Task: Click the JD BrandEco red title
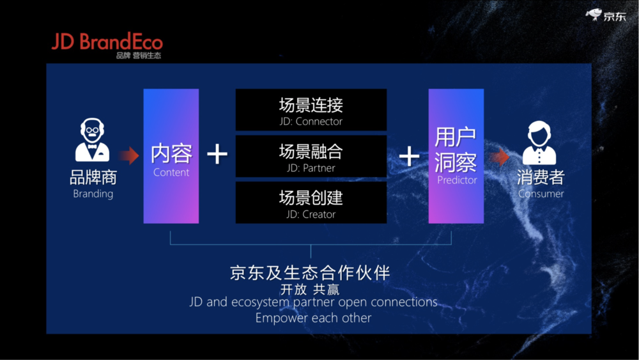(107, 42)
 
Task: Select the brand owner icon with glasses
(92, 140)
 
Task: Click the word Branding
(93, 194)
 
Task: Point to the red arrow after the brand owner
(129, 155)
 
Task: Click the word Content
(171, 173)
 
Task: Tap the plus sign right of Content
(217, 154)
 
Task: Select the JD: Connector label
(311, 121)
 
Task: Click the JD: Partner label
(311, 168)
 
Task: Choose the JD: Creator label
(311, 214)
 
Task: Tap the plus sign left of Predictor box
(409, 157)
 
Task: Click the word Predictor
(457, 180)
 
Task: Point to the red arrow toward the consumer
(500, 157)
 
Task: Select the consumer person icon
(539, 143)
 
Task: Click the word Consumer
(541, 194)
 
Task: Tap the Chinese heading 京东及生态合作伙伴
(310, 273)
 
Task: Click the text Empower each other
(313, 318)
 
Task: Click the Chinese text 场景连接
(311, 106)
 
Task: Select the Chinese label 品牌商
(93, 177)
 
